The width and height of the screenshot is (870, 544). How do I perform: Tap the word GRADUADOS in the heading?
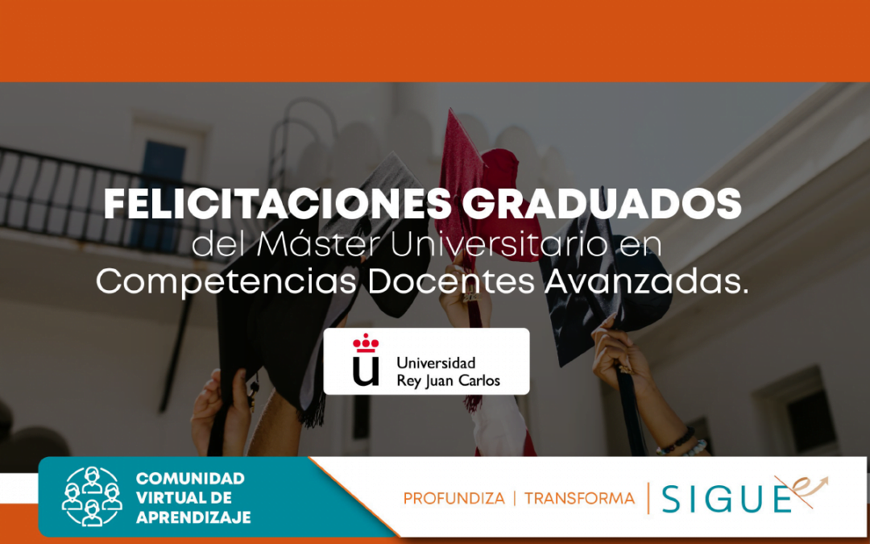pos(601,206)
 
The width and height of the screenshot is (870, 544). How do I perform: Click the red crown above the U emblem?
pos(366,343)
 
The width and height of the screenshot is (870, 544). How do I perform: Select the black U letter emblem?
pos(366,371)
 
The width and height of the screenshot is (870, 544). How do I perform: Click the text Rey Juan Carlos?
pos(448,380)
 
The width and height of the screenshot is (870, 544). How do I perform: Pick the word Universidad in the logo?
pos(436,363)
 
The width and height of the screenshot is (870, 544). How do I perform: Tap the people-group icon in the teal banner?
pos(92,496)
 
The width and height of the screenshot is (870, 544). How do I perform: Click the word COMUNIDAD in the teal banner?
pos(190,480)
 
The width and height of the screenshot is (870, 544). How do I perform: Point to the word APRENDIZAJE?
pos(193,517)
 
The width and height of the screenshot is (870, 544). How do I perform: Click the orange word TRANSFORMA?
pos(579,499)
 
